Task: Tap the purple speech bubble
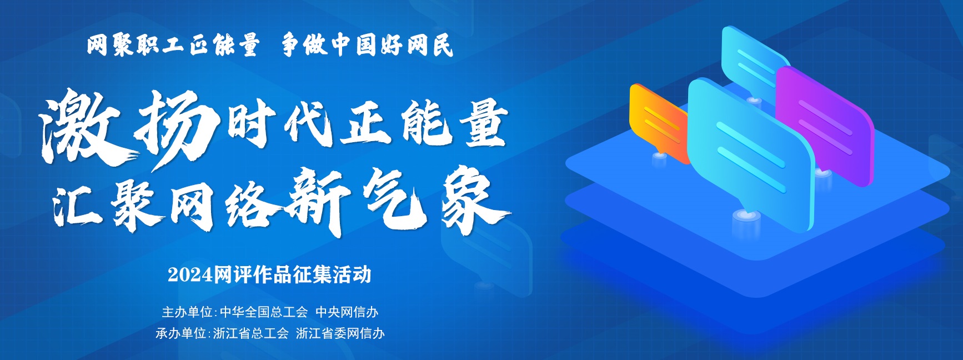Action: click(825, 125)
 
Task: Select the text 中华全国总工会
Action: click(264, 312)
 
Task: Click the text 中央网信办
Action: click(347, 312)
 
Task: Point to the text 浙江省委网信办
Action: click(340, 333)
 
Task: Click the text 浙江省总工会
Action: click(251, 333)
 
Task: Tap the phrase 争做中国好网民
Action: click(367, 45)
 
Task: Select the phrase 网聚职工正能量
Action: click(173, 45)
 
